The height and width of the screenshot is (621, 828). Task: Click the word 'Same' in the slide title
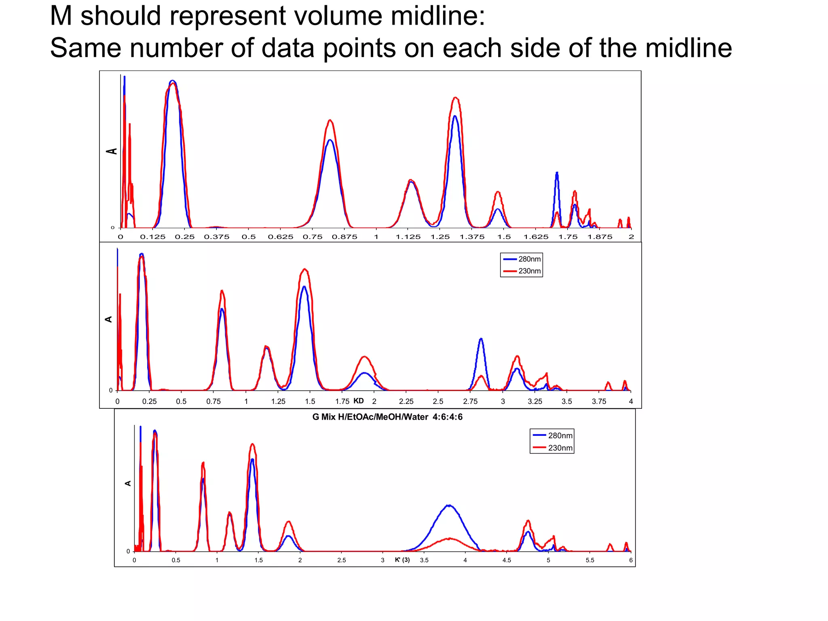point(85,48)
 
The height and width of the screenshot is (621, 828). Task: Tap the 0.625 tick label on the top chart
point(281,237)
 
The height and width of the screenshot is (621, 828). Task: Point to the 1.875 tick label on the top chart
point(600,237)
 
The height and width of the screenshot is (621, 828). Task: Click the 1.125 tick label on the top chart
point(408,237)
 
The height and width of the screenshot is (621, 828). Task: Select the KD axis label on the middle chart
point(359,401)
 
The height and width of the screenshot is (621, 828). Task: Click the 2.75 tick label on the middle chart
point(470,401)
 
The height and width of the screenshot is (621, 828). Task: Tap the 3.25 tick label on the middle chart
point(535,401)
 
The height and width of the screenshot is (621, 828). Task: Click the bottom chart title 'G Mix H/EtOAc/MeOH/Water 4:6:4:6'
point(387,417)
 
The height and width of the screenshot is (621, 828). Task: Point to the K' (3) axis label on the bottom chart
point(402,560)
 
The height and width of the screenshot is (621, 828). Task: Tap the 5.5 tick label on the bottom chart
point(590,560)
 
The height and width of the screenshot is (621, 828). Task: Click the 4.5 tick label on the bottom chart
point(507,560)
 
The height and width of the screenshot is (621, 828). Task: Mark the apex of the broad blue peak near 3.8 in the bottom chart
point(449,505)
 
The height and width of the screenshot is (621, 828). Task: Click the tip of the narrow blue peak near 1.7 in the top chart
point(557,173)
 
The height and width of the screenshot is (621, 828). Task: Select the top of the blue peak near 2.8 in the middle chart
point(481,339)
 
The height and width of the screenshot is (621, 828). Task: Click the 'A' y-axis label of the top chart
point(112,151)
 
